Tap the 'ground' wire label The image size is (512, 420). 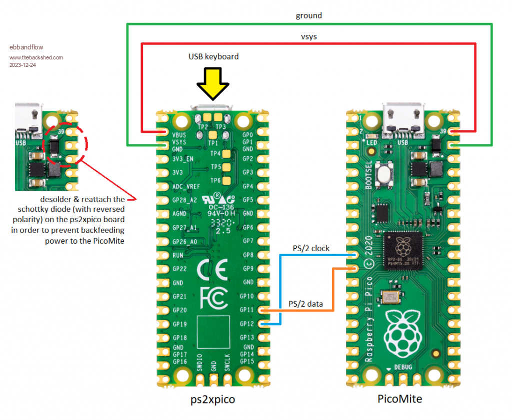coord(308,15)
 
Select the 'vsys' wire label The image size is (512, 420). coord(308,36)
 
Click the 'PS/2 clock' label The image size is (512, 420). coord(311,248)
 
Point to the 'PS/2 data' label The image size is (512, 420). coord(308,304)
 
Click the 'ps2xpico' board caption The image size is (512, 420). coord(212,400)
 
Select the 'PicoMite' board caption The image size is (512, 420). coord(399,399)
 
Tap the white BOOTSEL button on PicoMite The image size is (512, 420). coord(384,175)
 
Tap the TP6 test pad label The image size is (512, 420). coord(215,180)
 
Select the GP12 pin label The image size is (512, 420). coord(246,324)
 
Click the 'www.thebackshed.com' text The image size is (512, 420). coord(36,57)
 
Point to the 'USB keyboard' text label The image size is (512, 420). coord(213,56)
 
